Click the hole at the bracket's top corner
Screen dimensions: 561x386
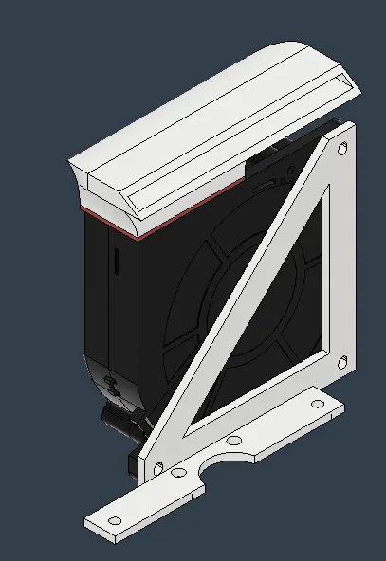pos(341,148)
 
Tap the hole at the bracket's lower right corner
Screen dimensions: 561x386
pos(342,360)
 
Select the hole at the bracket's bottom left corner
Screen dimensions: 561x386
pos(157,468)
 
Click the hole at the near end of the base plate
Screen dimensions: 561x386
pos(115,520)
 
